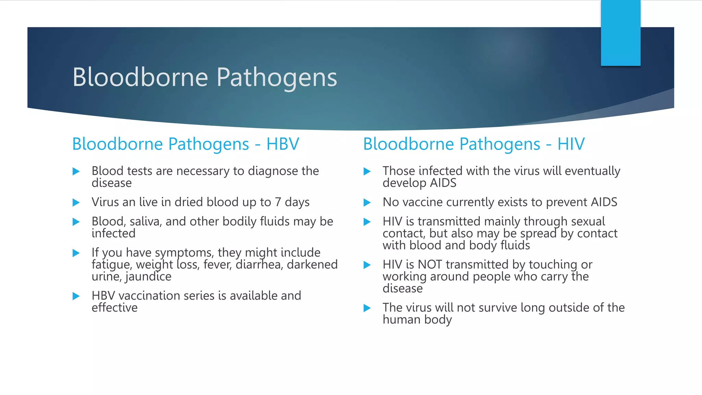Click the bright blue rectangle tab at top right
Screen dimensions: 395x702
[620, 33]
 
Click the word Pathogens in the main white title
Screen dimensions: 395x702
[277, 78]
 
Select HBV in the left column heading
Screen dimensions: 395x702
[283, 144]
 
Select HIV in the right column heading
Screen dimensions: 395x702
[571, 144]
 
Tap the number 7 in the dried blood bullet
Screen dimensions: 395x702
[278, 202]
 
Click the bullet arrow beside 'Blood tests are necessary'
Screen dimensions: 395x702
[76, 171]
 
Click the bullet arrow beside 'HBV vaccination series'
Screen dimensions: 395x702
[76, 296]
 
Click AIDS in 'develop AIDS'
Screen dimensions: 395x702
[443, 183]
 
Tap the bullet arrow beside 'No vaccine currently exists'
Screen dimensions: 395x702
[367, 203]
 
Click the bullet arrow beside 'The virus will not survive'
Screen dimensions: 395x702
[367, 308]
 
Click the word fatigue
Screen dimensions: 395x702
[111, 265]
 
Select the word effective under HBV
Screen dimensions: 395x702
[114, 308]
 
